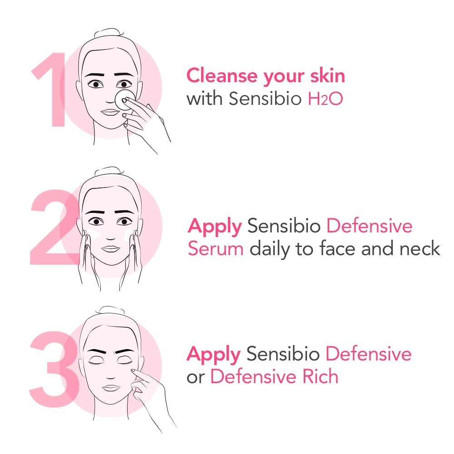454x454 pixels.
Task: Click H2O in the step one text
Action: (325, 99)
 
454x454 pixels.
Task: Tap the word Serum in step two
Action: (216, 249)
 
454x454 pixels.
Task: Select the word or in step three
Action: (196, 377)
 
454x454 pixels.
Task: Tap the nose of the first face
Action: (109, 98)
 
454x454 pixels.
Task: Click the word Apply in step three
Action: (213, 354)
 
